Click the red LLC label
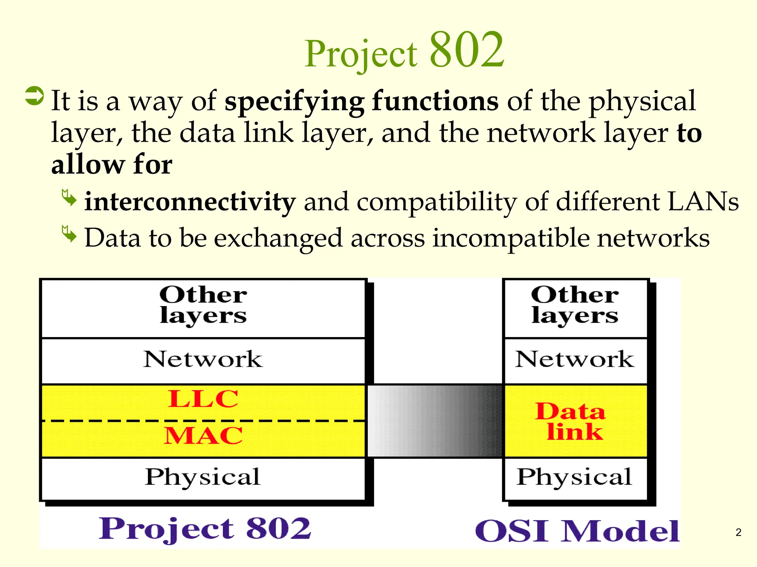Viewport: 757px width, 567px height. [203, 399]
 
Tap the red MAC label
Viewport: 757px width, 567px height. [203, 436]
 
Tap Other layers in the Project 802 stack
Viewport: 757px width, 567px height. [203, 306]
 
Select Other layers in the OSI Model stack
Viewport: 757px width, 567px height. [575, 306]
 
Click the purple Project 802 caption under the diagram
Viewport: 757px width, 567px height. [205, 529]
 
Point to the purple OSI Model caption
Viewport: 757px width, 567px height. [577, 531]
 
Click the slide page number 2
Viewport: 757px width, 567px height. [738, 532]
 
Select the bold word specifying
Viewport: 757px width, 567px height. [294, 101]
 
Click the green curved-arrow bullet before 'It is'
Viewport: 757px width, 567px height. [34, 96]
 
